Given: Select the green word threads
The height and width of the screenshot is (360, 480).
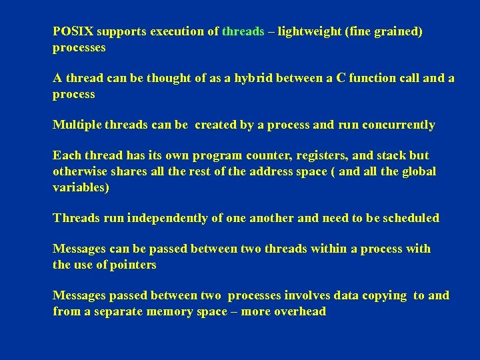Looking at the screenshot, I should [243, 31].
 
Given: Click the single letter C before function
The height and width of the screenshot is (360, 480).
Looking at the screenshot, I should [340, 78].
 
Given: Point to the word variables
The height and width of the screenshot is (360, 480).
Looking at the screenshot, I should [79, 187].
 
